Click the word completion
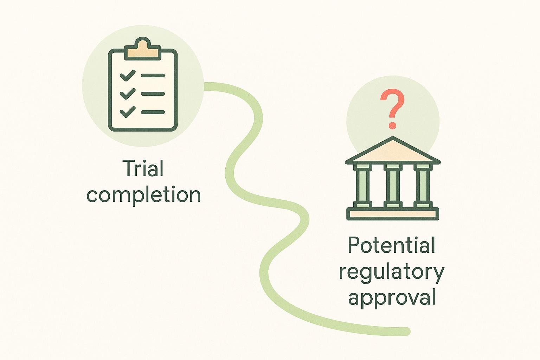point(143,195)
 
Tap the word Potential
point(391,245)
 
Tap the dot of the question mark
point(392,125)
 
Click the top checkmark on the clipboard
point(127,75)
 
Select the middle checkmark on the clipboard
point(127,94)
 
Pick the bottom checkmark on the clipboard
point(127,112)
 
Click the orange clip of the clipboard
point(142,50)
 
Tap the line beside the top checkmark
point(153,76)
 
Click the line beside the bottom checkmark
point(153,112)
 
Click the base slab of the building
point(393,214)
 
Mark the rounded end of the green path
point(407,331)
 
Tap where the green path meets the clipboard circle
point(205,86)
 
